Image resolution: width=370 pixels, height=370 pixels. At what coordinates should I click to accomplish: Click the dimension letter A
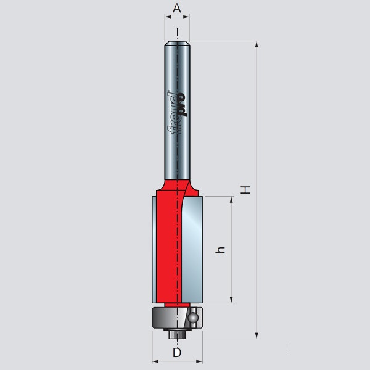click(x=176, y=9)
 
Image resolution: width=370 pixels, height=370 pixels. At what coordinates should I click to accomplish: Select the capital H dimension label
click(x=246, y=190)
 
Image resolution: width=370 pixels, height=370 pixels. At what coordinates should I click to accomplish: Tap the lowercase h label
click(x=222, y=250)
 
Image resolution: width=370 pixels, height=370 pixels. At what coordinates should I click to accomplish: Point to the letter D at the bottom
click(x=177, y=353)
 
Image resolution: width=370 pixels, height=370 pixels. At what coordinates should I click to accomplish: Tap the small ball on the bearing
click(x=193, y=318)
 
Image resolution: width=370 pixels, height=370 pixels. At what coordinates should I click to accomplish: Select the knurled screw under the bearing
click(x=176, y=334)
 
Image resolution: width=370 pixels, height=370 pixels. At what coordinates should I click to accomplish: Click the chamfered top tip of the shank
click(x=177, y=43)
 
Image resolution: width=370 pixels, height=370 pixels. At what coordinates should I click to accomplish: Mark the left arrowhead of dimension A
click(x=167, y=18)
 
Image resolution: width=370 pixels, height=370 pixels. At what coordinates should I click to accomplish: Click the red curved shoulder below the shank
click(x=168, y=185)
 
